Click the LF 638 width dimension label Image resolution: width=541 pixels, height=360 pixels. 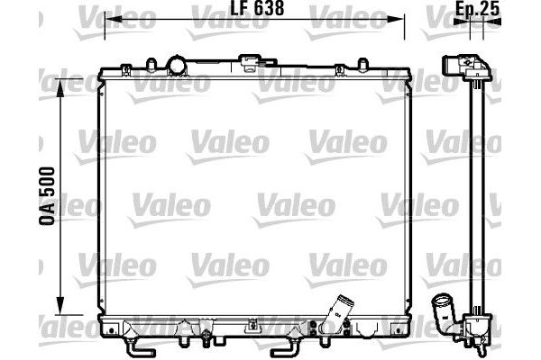pyautogui.click(x=257, y=8)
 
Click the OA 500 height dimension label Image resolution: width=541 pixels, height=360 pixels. pyautogui.click(x=47, y=196)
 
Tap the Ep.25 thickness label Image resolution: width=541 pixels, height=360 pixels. pyautogui.click(x=477, y=9)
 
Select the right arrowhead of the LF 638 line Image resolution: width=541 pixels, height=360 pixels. pyautogui.click(x=396, y=19)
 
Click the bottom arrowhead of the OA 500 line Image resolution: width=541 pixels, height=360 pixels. pyautogui.click(x=60, y=306)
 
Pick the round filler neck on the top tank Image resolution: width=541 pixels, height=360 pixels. pyautogui.click(x=177, y=66)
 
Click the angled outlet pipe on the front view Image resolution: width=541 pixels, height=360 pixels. pyautogui.click(x=335, y=313)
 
